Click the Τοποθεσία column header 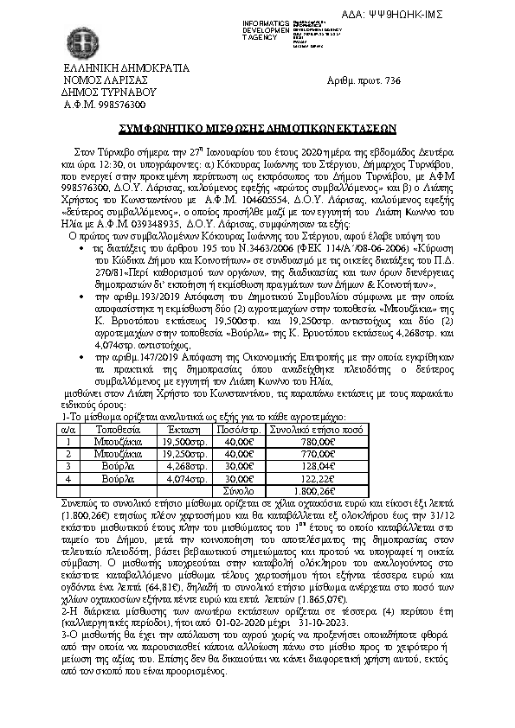118,428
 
